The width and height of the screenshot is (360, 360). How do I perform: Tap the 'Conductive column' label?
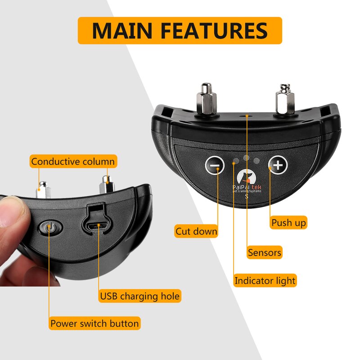(73, 161)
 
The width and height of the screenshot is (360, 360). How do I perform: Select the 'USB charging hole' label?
(139, 296)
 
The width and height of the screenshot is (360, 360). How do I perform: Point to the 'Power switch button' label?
(94, 323)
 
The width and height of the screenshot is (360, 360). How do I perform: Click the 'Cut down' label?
(196, 232)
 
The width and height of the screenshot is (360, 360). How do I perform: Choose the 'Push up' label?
(289, 222)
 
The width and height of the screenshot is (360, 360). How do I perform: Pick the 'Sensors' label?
(265, 252)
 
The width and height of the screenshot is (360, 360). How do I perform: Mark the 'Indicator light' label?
(265, 281)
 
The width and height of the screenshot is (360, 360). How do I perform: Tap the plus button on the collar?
(278, 165)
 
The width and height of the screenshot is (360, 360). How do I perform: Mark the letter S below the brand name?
(246, 196)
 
